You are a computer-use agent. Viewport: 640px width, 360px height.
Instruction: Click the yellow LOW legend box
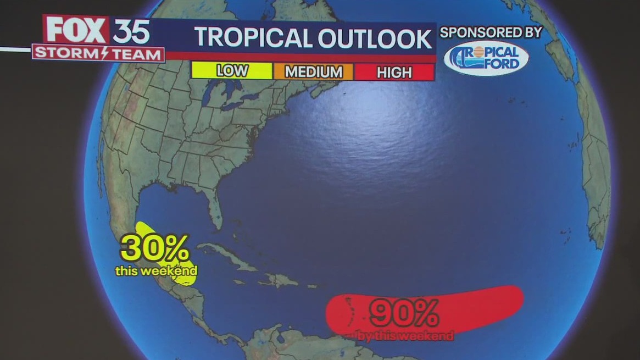[232, 71]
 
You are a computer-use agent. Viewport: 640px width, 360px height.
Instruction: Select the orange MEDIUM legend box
[313, 71]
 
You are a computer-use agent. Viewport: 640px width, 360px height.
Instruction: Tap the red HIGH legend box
[394, 72]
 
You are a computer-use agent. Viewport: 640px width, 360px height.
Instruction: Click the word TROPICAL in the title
[252, 38]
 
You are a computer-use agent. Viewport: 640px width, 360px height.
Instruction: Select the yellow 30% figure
[155, 249]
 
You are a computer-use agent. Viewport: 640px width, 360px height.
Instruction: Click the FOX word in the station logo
[76, 30]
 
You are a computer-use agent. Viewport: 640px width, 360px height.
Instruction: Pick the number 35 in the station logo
[131, 31]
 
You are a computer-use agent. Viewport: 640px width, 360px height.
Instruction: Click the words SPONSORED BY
[491, 32]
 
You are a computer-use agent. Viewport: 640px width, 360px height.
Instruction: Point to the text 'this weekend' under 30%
[156, 271]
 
